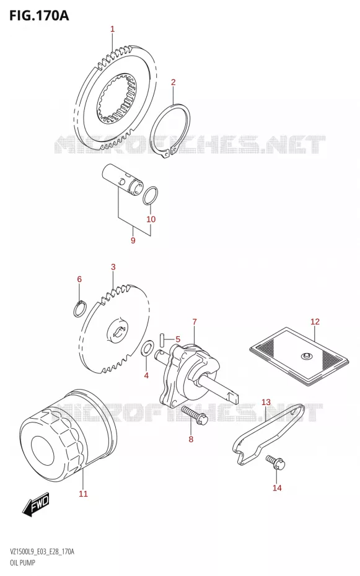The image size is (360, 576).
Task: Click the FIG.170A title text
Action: [x=39, y=15]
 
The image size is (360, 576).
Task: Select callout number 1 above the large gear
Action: [x=113, y=29]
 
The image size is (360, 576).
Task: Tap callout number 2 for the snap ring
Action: [x=173, y=82]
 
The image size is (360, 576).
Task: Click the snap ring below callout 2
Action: [x=170, y=131]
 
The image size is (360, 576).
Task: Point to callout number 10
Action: [x=151, y=219]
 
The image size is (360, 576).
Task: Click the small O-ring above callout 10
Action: [x=151, y=195]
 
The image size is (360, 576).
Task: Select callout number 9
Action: [x=133, y=240]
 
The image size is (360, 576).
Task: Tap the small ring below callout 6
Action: [x=80, y=308]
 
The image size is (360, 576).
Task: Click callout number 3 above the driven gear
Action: [x=113, y=267]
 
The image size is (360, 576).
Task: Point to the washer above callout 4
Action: [x=146, y=348]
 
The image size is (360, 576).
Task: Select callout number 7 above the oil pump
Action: [x=195, y=322]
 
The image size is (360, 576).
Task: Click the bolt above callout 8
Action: [x=195, y=415]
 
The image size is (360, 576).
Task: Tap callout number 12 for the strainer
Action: [x=315, y=322]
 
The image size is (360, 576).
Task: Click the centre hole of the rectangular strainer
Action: [x=305, y=356]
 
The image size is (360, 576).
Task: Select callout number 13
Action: [x=266, y=402]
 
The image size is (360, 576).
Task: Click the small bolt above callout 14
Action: [x=276, y=462]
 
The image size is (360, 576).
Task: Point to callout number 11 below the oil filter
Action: [x=84, y=494]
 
